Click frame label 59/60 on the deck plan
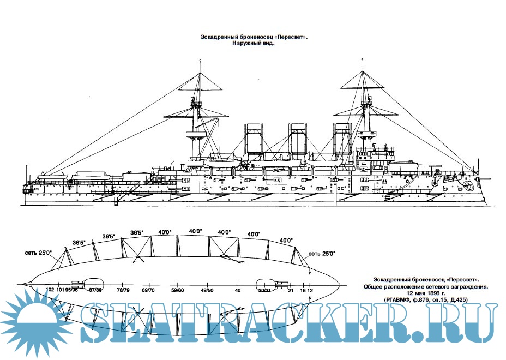(x=177, y=290)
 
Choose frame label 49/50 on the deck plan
(x=207, y=290)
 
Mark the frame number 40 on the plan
(x=237, y=290)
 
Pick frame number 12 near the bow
(x=310, y=290)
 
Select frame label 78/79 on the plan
(x=123, y=290)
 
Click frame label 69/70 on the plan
(x=148, y=290)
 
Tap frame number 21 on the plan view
(x=291, y=290)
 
